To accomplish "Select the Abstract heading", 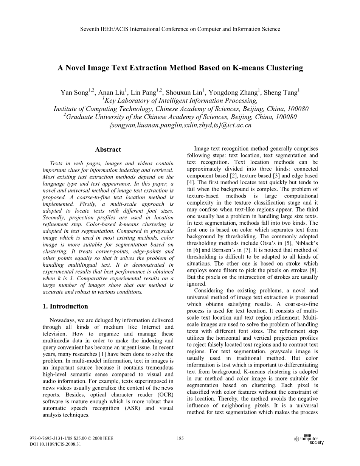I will tap(108, 149).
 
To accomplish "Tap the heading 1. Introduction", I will tap(65, 306).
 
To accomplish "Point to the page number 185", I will tap(180, 438).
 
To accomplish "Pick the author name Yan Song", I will tap(74, 93).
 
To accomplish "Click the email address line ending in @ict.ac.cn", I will tap(180, 125).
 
